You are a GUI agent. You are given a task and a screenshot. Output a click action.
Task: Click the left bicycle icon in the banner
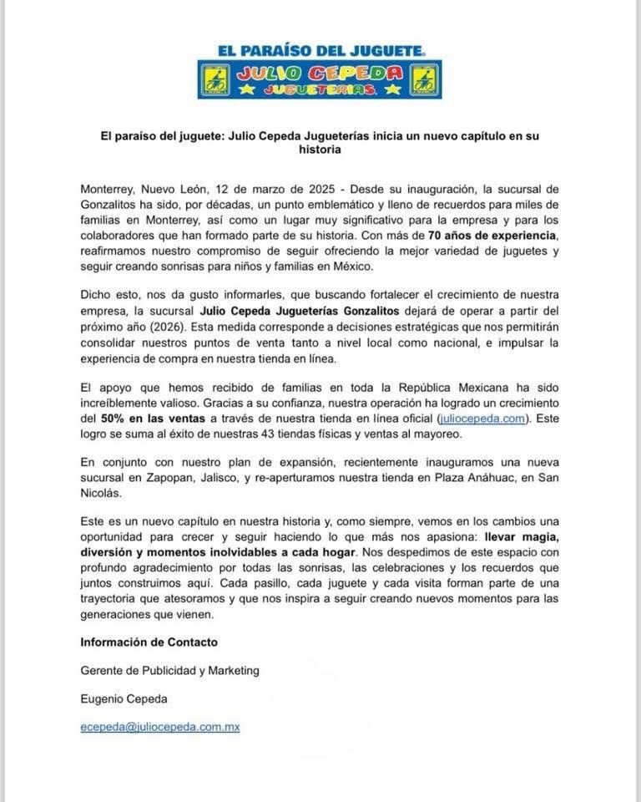click(215, 79)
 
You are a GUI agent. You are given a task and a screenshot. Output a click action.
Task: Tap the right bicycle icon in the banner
click(425, 79)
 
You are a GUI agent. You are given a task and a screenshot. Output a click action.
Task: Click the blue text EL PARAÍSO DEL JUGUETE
click(320, 50)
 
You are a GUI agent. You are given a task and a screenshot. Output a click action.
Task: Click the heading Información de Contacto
click(149, 642)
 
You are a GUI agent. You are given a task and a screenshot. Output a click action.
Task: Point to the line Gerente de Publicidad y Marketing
click(169, 670)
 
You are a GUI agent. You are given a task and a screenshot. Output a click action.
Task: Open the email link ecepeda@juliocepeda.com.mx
click(160, 727)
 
